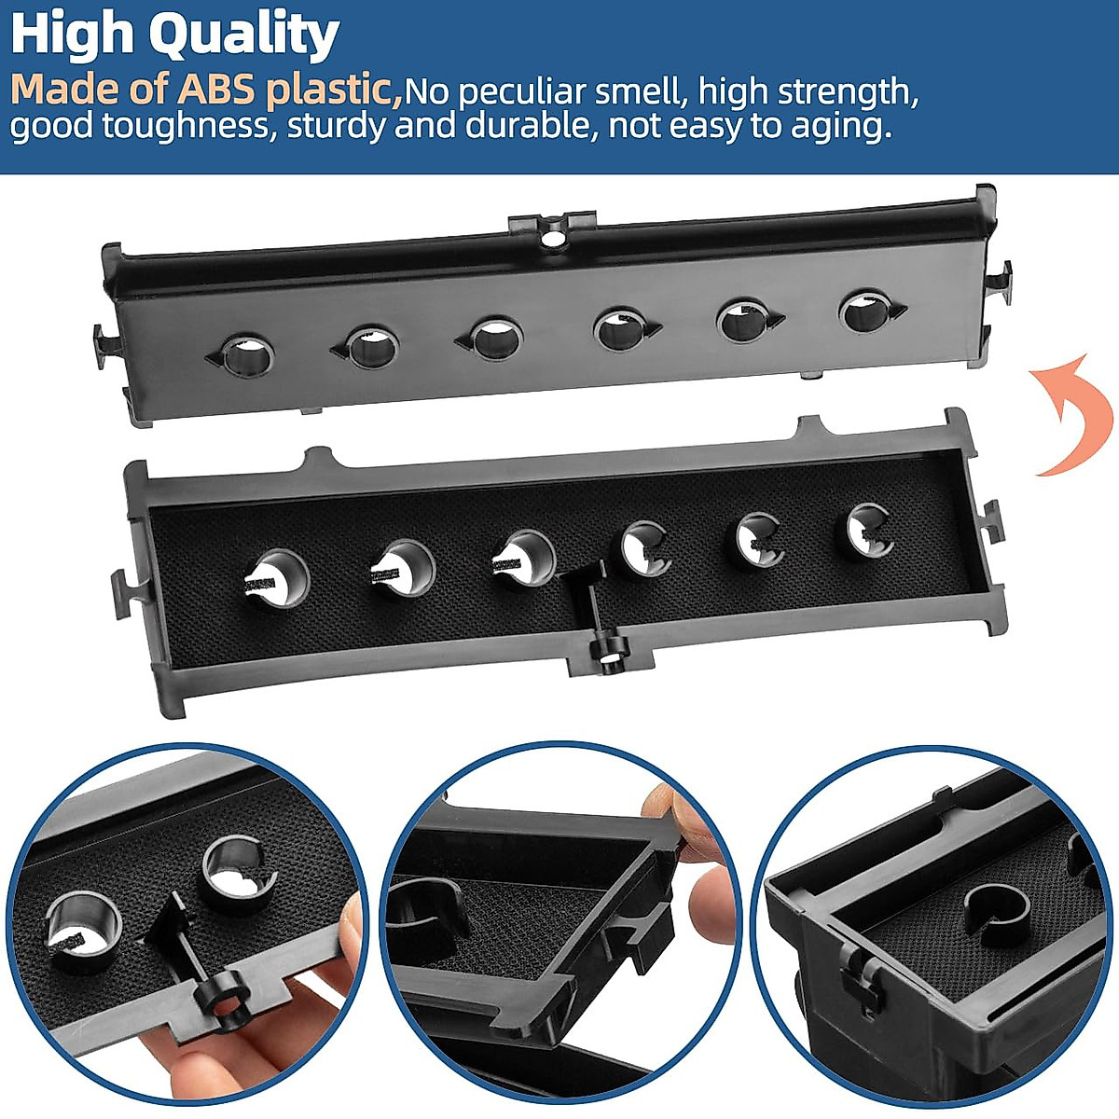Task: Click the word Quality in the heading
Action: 244,35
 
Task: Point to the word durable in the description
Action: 529,125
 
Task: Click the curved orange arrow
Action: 1072,415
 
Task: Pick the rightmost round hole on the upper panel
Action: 867,311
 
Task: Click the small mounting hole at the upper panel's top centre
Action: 553,237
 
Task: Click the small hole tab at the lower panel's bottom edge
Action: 610,657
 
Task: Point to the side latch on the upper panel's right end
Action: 999,280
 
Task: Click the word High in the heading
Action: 73,35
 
